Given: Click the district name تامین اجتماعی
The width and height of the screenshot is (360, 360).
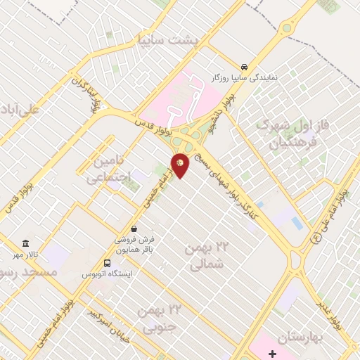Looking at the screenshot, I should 110,170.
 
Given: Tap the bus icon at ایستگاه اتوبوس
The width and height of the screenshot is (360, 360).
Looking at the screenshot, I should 107,263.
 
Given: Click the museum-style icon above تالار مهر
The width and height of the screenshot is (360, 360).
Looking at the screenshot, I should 25,243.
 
